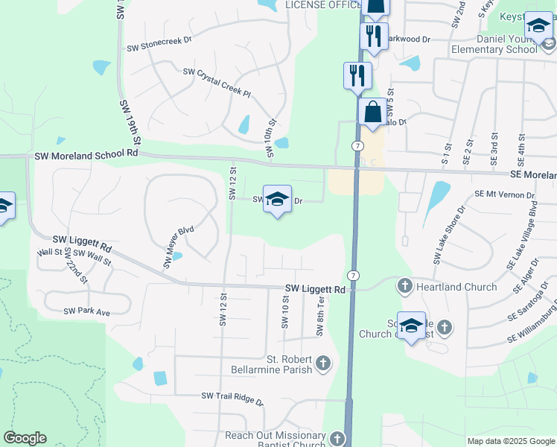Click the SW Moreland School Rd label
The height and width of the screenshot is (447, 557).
86,155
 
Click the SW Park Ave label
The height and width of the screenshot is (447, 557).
86,311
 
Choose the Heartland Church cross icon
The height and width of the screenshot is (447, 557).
405,285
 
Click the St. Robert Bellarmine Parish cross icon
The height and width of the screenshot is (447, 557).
322,363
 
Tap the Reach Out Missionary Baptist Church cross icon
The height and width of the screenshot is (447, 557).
338,439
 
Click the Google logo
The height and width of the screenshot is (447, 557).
25,438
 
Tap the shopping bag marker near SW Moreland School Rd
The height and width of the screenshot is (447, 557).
372,113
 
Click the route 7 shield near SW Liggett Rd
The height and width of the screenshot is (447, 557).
354,276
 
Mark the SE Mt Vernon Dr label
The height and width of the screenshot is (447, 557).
505,195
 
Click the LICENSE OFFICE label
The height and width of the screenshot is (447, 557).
323,5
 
